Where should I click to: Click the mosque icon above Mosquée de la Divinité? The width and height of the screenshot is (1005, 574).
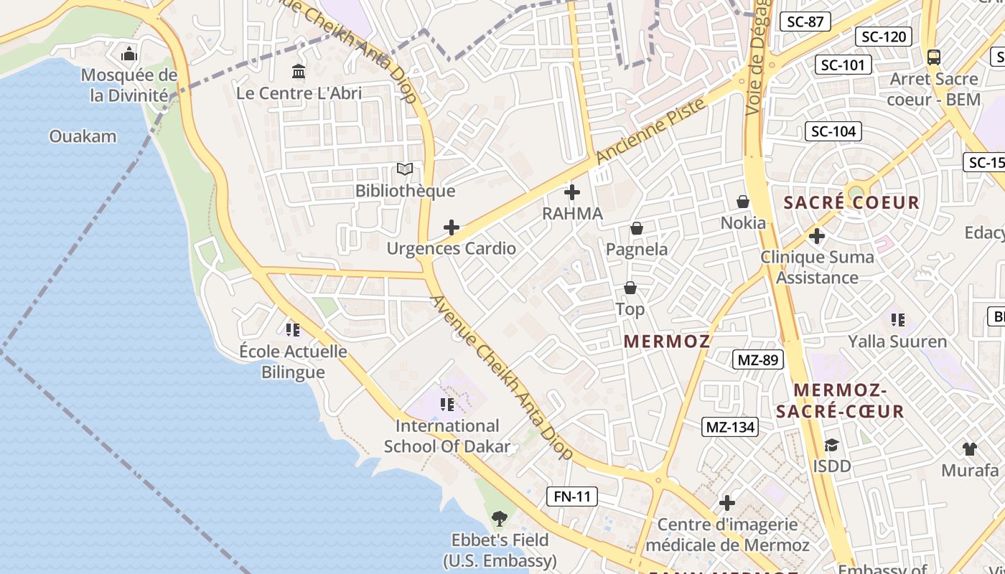click(129, 54)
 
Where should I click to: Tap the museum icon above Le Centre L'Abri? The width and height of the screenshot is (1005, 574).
click(299, 71)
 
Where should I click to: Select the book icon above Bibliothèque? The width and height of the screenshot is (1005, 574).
click(405, 169)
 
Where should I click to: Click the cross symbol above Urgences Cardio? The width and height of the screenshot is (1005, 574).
click(452, 227)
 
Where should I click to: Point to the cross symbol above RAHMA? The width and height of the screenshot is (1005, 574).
click(572, 192)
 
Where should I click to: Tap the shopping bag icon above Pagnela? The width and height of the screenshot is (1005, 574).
click(636, 228)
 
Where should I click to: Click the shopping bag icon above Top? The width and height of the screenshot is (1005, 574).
click(630, 288)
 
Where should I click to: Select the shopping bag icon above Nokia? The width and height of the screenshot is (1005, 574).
click(743, 202)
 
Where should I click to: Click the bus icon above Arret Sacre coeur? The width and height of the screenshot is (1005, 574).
click(933, 57)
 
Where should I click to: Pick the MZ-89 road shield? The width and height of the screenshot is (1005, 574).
click(758, 359)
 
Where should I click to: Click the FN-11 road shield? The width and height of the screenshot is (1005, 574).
click(572, 496)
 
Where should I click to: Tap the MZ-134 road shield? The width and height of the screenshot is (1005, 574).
click(731, 428)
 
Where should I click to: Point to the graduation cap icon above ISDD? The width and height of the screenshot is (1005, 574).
click(831, 446)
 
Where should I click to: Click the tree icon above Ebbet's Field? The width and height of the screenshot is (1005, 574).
click(500, 518)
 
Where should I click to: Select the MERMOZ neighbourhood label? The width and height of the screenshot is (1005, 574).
click(667, 342)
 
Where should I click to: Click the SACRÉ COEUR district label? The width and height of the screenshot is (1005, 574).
click(851, 202)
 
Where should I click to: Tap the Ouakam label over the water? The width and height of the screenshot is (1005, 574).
click(83, 136)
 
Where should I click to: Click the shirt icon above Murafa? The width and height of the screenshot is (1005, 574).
click(970, 449)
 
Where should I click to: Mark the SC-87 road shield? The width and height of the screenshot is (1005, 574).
click(805, 22)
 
